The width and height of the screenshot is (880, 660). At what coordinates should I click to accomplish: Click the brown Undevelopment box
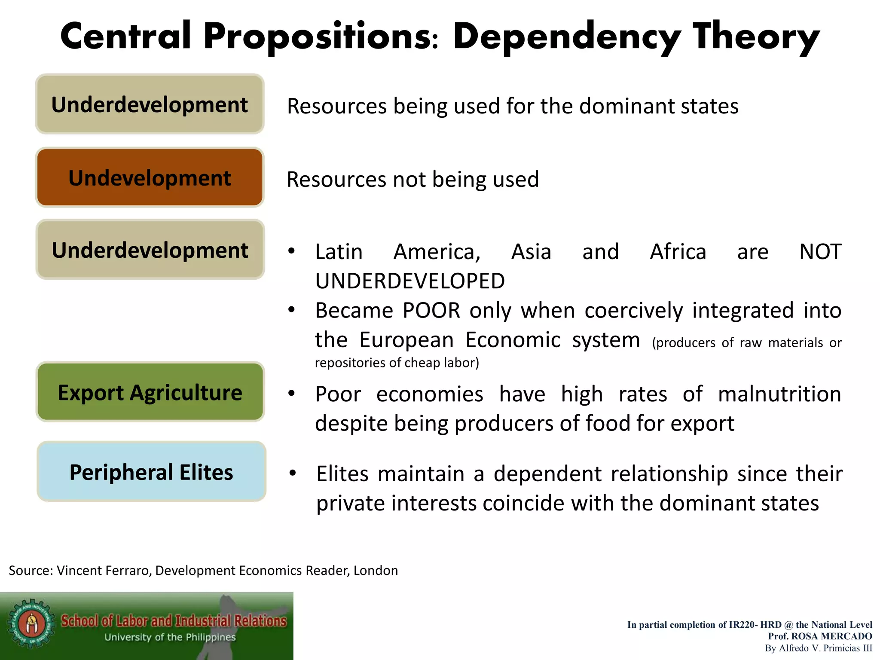point(150,177)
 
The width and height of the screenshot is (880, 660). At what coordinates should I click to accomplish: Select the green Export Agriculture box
point(150,392)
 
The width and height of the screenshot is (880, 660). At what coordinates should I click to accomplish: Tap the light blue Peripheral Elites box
point(151,472)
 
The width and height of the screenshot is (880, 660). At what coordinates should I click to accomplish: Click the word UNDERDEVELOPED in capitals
point(410,281)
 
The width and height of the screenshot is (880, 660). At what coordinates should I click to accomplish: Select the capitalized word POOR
point(431,310)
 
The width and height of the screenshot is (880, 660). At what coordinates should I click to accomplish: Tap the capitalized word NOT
point(820,252)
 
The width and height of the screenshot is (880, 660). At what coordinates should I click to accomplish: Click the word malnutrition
point(779,394)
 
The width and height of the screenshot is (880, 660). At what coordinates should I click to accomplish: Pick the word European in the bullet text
point(406,340)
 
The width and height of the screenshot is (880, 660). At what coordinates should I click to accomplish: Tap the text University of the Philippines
point(170,637)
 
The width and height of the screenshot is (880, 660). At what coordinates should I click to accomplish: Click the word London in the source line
point(376,570)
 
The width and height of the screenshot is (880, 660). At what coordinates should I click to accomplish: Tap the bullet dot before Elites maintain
point(293,474)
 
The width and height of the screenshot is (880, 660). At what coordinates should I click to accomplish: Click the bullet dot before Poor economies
point(291,394)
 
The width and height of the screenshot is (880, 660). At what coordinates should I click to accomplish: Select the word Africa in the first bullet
point(678,252)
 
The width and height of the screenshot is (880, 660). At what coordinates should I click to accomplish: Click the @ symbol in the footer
point(788,625)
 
